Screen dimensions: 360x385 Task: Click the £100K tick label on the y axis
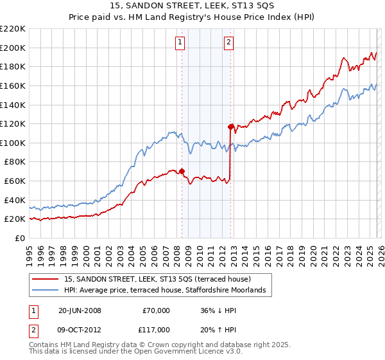(13, 143)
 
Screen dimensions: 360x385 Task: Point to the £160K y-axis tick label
(13, 85)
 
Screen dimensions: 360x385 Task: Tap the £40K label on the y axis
(15, 200)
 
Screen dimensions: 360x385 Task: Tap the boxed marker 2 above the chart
(228, 43)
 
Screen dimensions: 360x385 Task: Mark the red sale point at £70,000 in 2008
(182, 172)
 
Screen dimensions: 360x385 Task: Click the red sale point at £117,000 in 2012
(230, 127)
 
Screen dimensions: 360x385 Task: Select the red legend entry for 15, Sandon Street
(161, 279)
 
